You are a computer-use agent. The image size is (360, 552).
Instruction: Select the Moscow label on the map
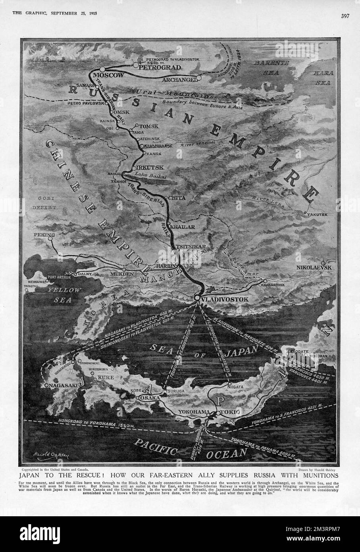[108, 75]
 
